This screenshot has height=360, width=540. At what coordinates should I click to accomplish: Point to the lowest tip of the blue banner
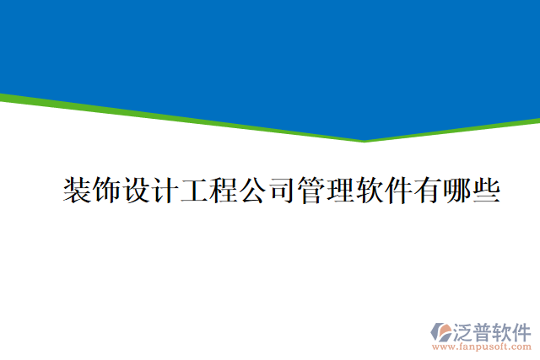[364, 140]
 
